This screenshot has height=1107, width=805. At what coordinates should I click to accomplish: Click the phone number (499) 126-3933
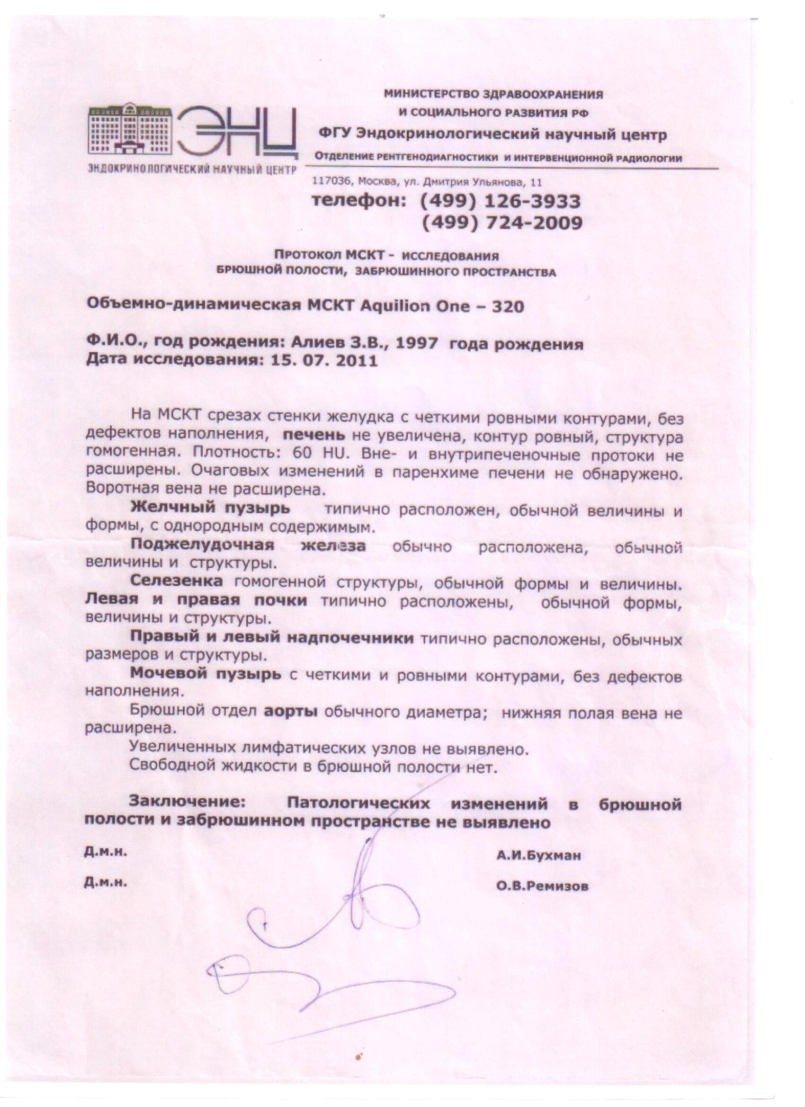tap(501, 201)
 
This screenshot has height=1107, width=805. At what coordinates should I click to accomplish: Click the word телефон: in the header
tap(359, 201)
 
